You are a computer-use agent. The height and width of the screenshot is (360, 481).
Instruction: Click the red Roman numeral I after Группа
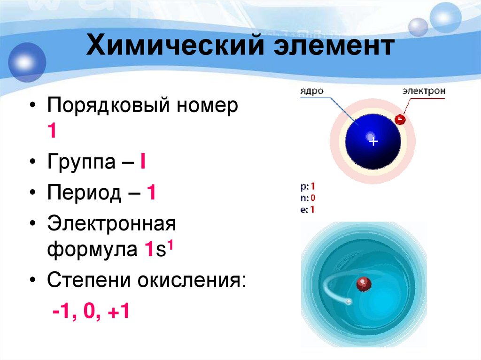[142, 162]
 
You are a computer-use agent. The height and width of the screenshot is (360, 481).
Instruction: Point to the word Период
[84, 193]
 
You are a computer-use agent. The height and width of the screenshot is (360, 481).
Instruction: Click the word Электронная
[111, 224]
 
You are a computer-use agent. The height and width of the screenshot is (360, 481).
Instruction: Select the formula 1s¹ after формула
[159, 248]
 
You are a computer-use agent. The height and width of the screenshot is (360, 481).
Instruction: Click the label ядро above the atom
[312, 91]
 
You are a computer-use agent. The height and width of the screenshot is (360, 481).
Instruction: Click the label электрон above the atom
[423, 91]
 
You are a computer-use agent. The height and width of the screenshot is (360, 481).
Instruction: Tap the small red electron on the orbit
[399, 120]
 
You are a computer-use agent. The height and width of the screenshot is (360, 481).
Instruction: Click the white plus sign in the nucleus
[373, 141]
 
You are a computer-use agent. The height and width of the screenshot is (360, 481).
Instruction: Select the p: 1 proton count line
[308, 186]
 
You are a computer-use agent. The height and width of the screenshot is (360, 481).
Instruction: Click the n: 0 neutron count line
[308, 198]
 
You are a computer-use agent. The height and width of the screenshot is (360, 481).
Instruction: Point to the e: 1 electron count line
[308, 209]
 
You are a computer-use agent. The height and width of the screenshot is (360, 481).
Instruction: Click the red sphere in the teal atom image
[363, 284]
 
